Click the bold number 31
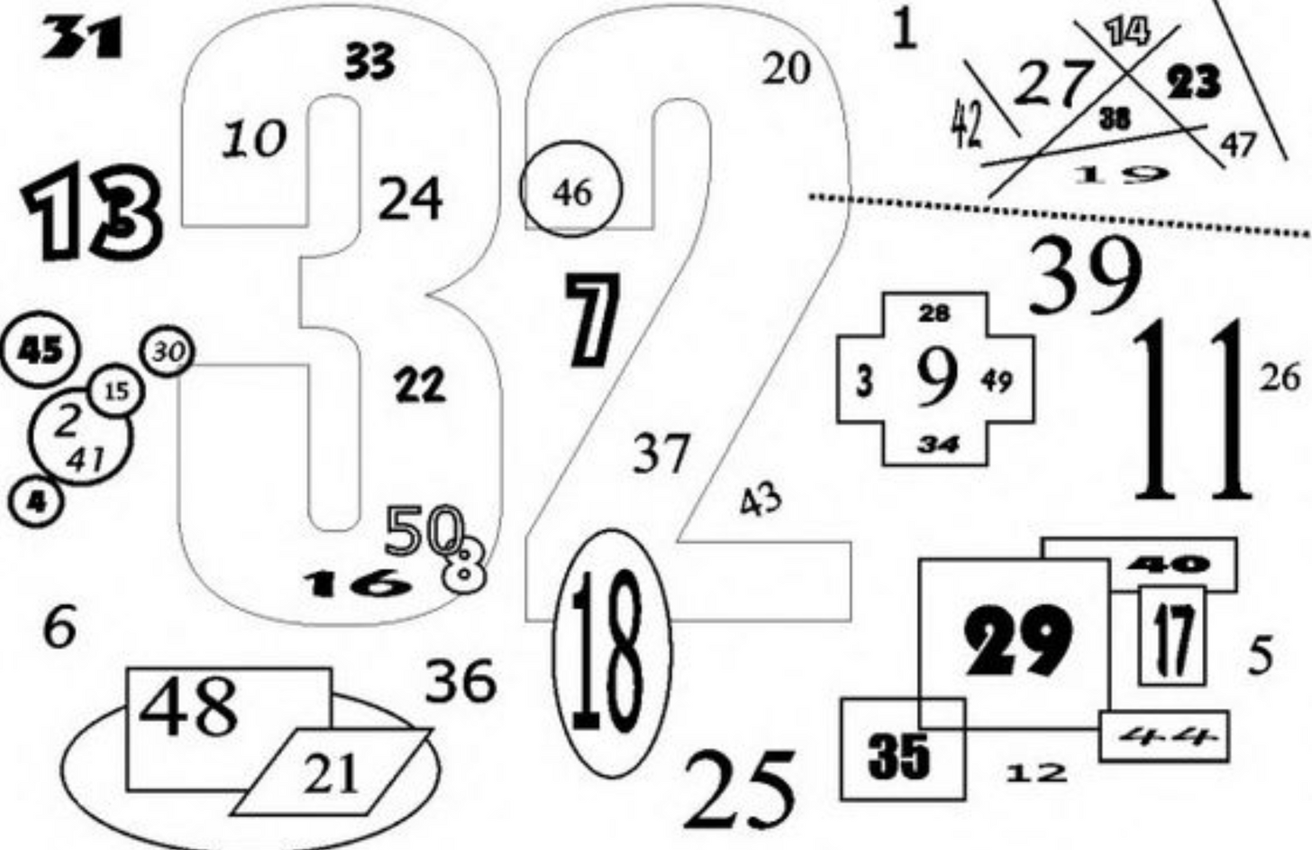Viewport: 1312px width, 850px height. tap(82, 39)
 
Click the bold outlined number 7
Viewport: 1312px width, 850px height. tap(594, 321)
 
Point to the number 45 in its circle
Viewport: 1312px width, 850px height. tap(41, 350)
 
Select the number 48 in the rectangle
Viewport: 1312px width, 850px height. tap(188, 706)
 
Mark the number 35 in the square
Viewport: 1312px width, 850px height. tap(898, 754)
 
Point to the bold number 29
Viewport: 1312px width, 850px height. tap(1018, 640)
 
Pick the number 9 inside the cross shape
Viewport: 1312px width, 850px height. tap(937, 376)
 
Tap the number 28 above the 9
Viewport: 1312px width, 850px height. tap(934, 314)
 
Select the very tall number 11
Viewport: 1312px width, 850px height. tap(1191, 411)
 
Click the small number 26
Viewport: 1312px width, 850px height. tap(1280, 376)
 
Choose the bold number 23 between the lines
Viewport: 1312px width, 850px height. tap(1194, 84)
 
